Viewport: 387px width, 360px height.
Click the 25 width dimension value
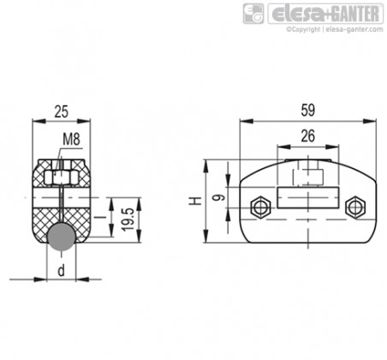click(62, 111)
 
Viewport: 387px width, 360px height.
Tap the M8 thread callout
click(71, 140)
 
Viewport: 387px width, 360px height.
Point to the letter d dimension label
click(62, 270)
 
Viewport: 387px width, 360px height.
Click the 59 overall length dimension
click(308, 110)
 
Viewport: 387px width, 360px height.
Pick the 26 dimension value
click(308, 136)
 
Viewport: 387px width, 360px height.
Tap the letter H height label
click(195, 201)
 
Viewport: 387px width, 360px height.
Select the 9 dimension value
click(219, 197)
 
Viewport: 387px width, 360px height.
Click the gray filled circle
click(62, 237)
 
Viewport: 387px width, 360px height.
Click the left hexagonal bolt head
click(260, 207)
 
